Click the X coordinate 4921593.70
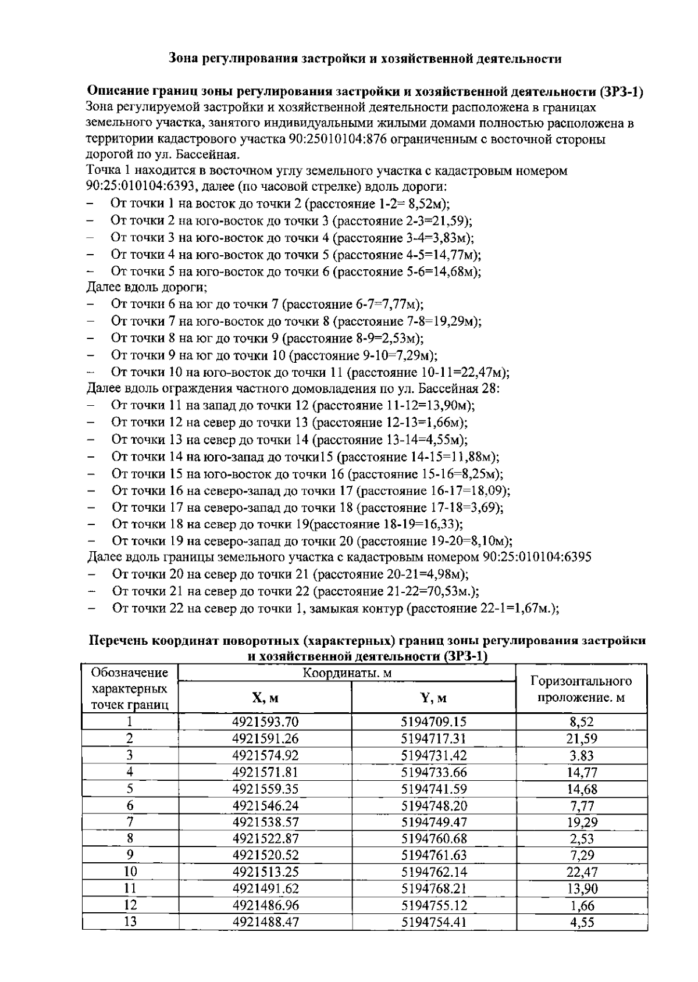point(265,722)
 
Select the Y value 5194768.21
point(433,888)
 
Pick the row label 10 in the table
point(130,872)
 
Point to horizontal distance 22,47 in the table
point(582,872)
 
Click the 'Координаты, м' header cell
point(347,673)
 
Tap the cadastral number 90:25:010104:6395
point(537,557)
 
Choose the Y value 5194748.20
point(433,805)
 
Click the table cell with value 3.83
point(582,756)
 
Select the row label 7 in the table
point(130,822)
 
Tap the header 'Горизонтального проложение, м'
point(582,689)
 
